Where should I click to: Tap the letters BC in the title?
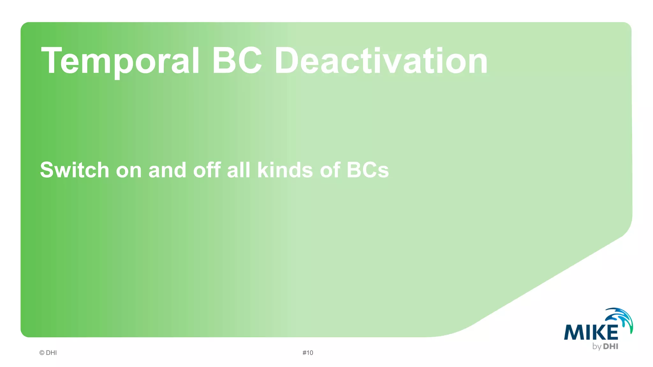(x=237, y=61)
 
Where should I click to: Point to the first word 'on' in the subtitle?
(x=128, y=170)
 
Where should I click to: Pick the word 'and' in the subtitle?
(x=167, y=170)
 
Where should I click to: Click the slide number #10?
(x=308, y=353)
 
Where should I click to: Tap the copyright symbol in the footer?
(x=42, y=353)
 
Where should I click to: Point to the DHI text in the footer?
(x=51, y=353)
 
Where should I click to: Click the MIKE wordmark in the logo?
(x=591, y=333)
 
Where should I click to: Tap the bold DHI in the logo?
(x=611, y=346)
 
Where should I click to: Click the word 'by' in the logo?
(x=597, y=347)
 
